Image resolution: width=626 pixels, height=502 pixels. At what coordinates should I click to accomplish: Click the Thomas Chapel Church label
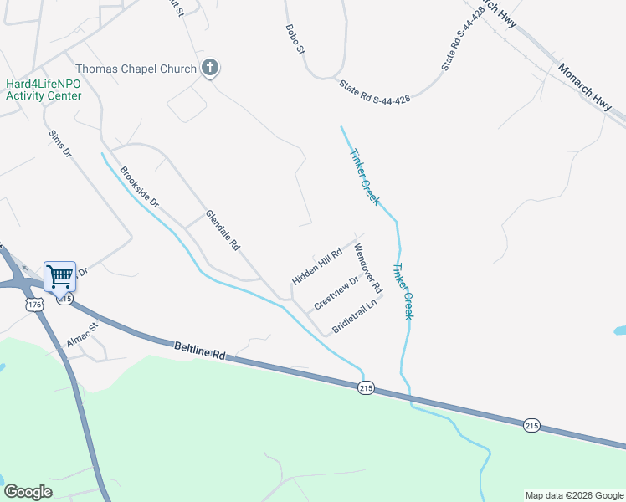click(136, 69)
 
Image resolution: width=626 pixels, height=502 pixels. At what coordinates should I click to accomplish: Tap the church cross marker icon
click(209, 69)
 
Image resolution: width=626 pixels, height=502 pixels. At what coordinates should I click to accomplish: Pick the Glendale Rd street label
click(223, 231)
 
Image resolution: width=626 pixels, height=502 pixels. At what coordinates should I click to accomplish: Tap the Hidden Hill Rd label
click(317, 266)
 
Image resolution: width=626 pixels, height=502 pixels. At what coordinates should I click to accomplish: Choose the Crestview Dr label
click(336, 292)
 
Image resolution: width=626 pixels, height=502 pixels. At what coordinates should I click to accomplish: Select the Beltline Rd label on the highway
click(201, 350)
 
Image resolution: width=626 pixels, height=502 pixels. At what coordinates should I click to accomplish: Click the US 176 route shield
click(34, 305)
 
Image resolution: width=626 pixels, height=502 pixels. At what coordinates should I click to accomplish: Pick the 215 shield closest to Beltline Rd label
click(366, 388)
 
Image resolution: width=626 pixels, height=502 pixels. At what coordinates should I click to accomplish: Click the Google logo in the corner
click(28, 492)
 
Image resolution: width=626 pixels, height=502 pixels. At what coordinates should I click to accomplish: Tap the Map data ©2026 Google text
click(574, 495)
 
